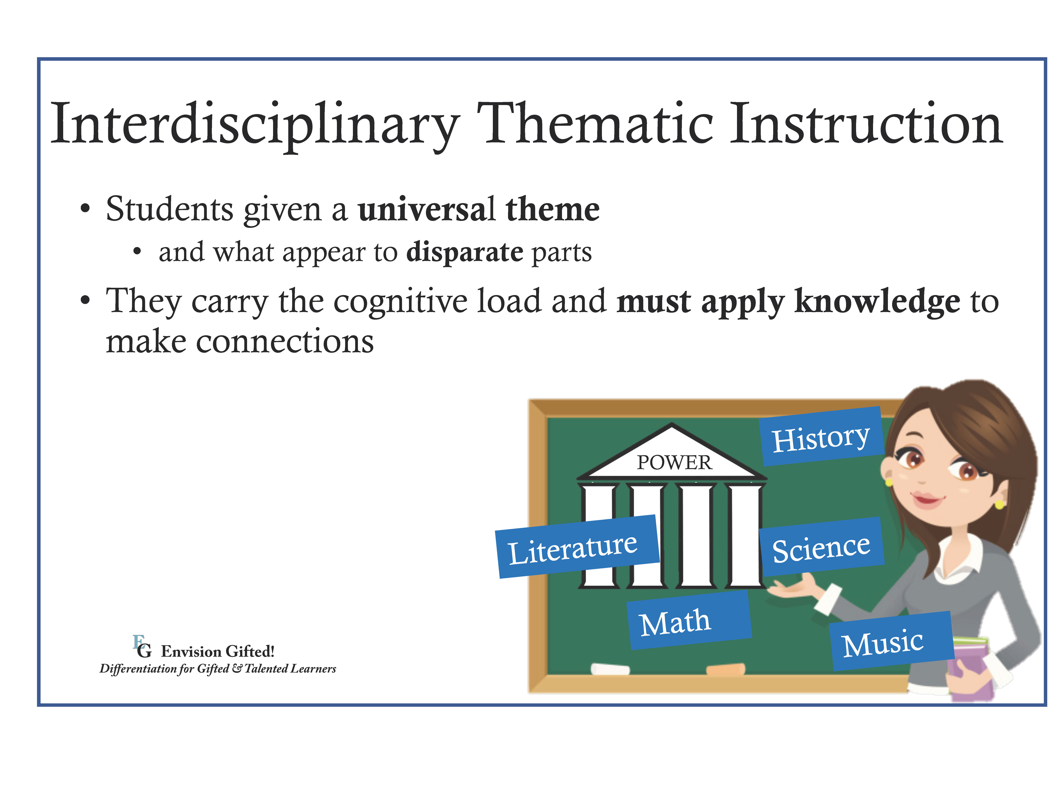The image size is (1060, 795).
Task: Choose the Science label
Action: click(821, 547)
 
